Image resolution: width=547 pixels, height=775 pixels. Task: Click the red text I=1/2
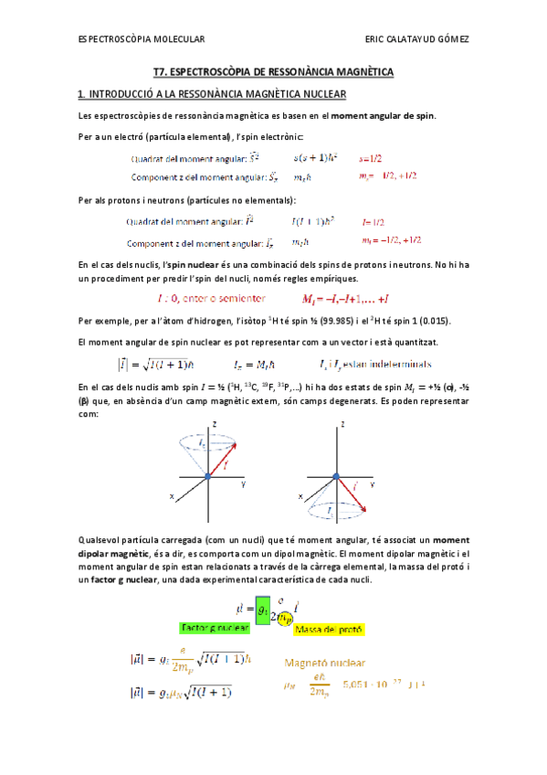[x=373, y=221]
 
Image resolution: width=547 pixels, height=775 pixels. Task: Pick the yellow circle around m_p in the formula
[x=284, y=618]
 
